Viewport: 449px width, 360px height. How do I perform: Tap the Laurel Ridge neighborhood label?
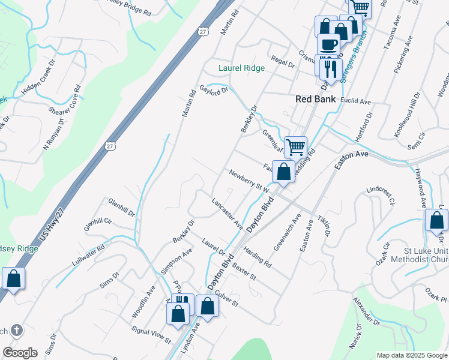(241, 68)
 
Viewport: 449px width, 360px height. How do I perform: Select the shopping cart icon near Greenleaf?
(295, 146)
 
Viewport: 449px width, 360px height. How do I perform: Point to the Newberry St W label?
(247, 181)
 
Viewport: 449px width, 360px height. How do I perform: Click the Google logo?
(20, 353)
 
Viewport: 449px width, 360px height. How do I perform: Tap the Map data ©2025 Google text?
(411, 355)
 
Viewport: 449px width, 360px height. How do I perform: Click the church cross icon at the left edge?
(17, 329)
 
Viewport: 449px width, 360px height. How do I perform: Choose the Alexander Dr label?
(366, 311)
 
